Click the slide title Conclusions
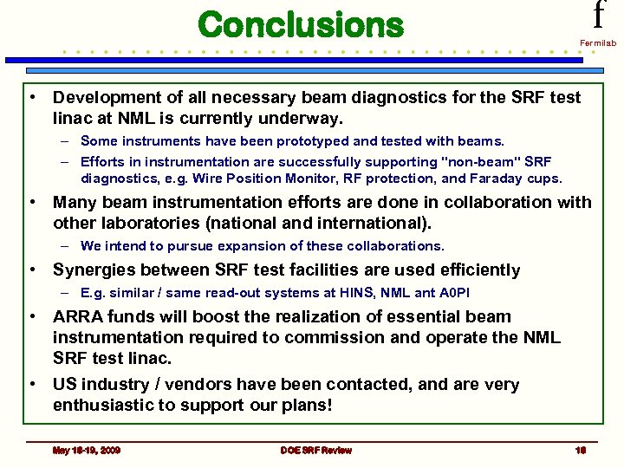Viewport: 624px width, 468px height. pos(301,24)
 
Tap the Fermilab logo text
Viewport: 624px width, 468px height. pos(598,42)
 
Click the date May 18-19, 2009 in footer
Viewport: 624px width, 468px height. pos(86,450)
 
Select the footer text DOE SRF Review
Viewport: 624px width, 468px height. pos(315,450)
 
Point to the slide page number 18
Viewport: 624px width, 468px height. pos(581,450)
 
